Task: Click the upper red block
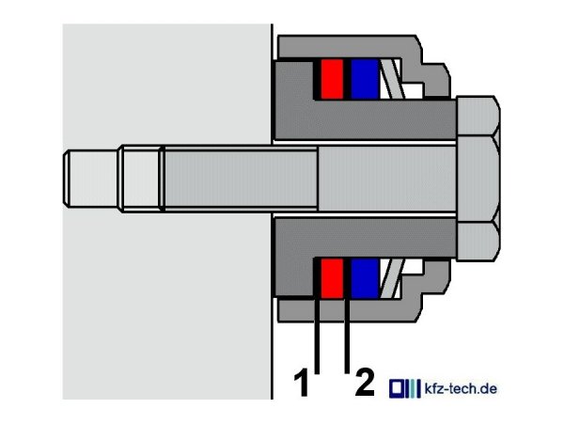point(332,79)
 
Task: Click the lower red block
point(332,278)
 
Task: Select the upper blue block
point(365,79)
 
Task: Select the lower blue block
point(365,278)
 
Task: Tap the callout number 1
point(302,382)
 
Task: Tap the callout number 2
point(365,382)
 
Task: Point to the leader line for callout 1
point(317,335)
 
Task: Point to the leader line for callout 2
point(347,335)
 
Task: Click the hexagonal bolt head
point(478,179)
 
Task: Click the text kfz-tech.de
point(461,389)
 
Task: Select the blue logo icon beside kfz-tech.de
point(404,388)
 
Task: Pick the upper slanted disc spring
point(393,79)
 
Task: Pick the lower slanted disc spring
point(393,278)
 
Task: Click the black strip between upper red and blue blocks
point(347,79)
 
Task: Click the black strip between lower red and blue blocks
point(347,278)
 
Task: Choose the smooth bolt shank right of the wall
point(387,179)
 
